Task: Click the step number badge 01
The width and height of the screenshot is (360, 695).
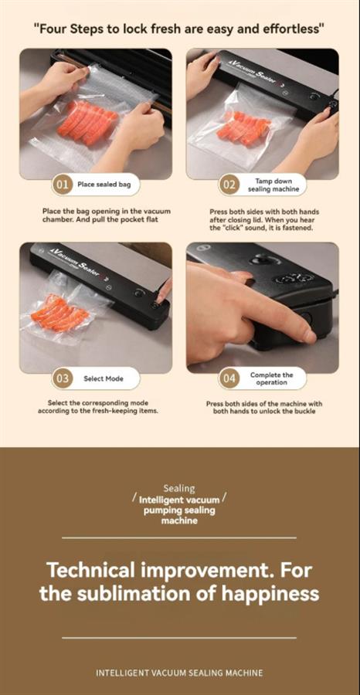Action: (x=62, y=185)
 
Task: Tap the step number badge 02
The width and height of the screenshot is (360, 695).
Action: (x=229, y=185)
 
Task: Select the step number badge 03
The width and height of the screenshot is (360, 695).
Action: (x=62, y=378)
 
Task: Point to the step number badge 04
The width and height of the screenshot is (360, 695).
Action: (x=229, y=378)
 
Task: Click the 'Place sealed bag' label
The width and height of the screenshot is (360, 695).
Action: (x=104, y=185)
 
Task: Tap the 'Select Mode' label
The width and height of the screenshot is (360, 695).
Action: (x=104, y=378)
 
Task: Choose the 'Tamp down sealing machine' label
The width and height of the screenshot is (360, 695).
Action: (x=273, y=185)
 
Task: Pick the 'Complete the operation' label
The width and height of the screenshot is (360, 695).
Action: (x=271, y=378)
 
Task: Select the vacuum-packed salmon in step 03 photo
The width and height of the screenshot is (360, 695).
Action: (x=60, y=314)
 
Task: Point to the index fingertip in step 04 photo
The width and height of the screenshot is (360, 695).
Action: (x=310, y=336)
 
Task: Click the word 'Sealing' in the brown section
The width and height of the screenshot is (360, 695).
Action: (x=179, y=489)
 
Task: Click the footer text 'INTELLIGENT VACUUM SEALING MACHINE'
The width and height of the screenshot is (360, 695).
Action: (x=179, y=673)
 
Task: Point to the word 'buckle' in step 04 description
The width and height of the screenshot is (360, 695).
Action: (x=304, y=411)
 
